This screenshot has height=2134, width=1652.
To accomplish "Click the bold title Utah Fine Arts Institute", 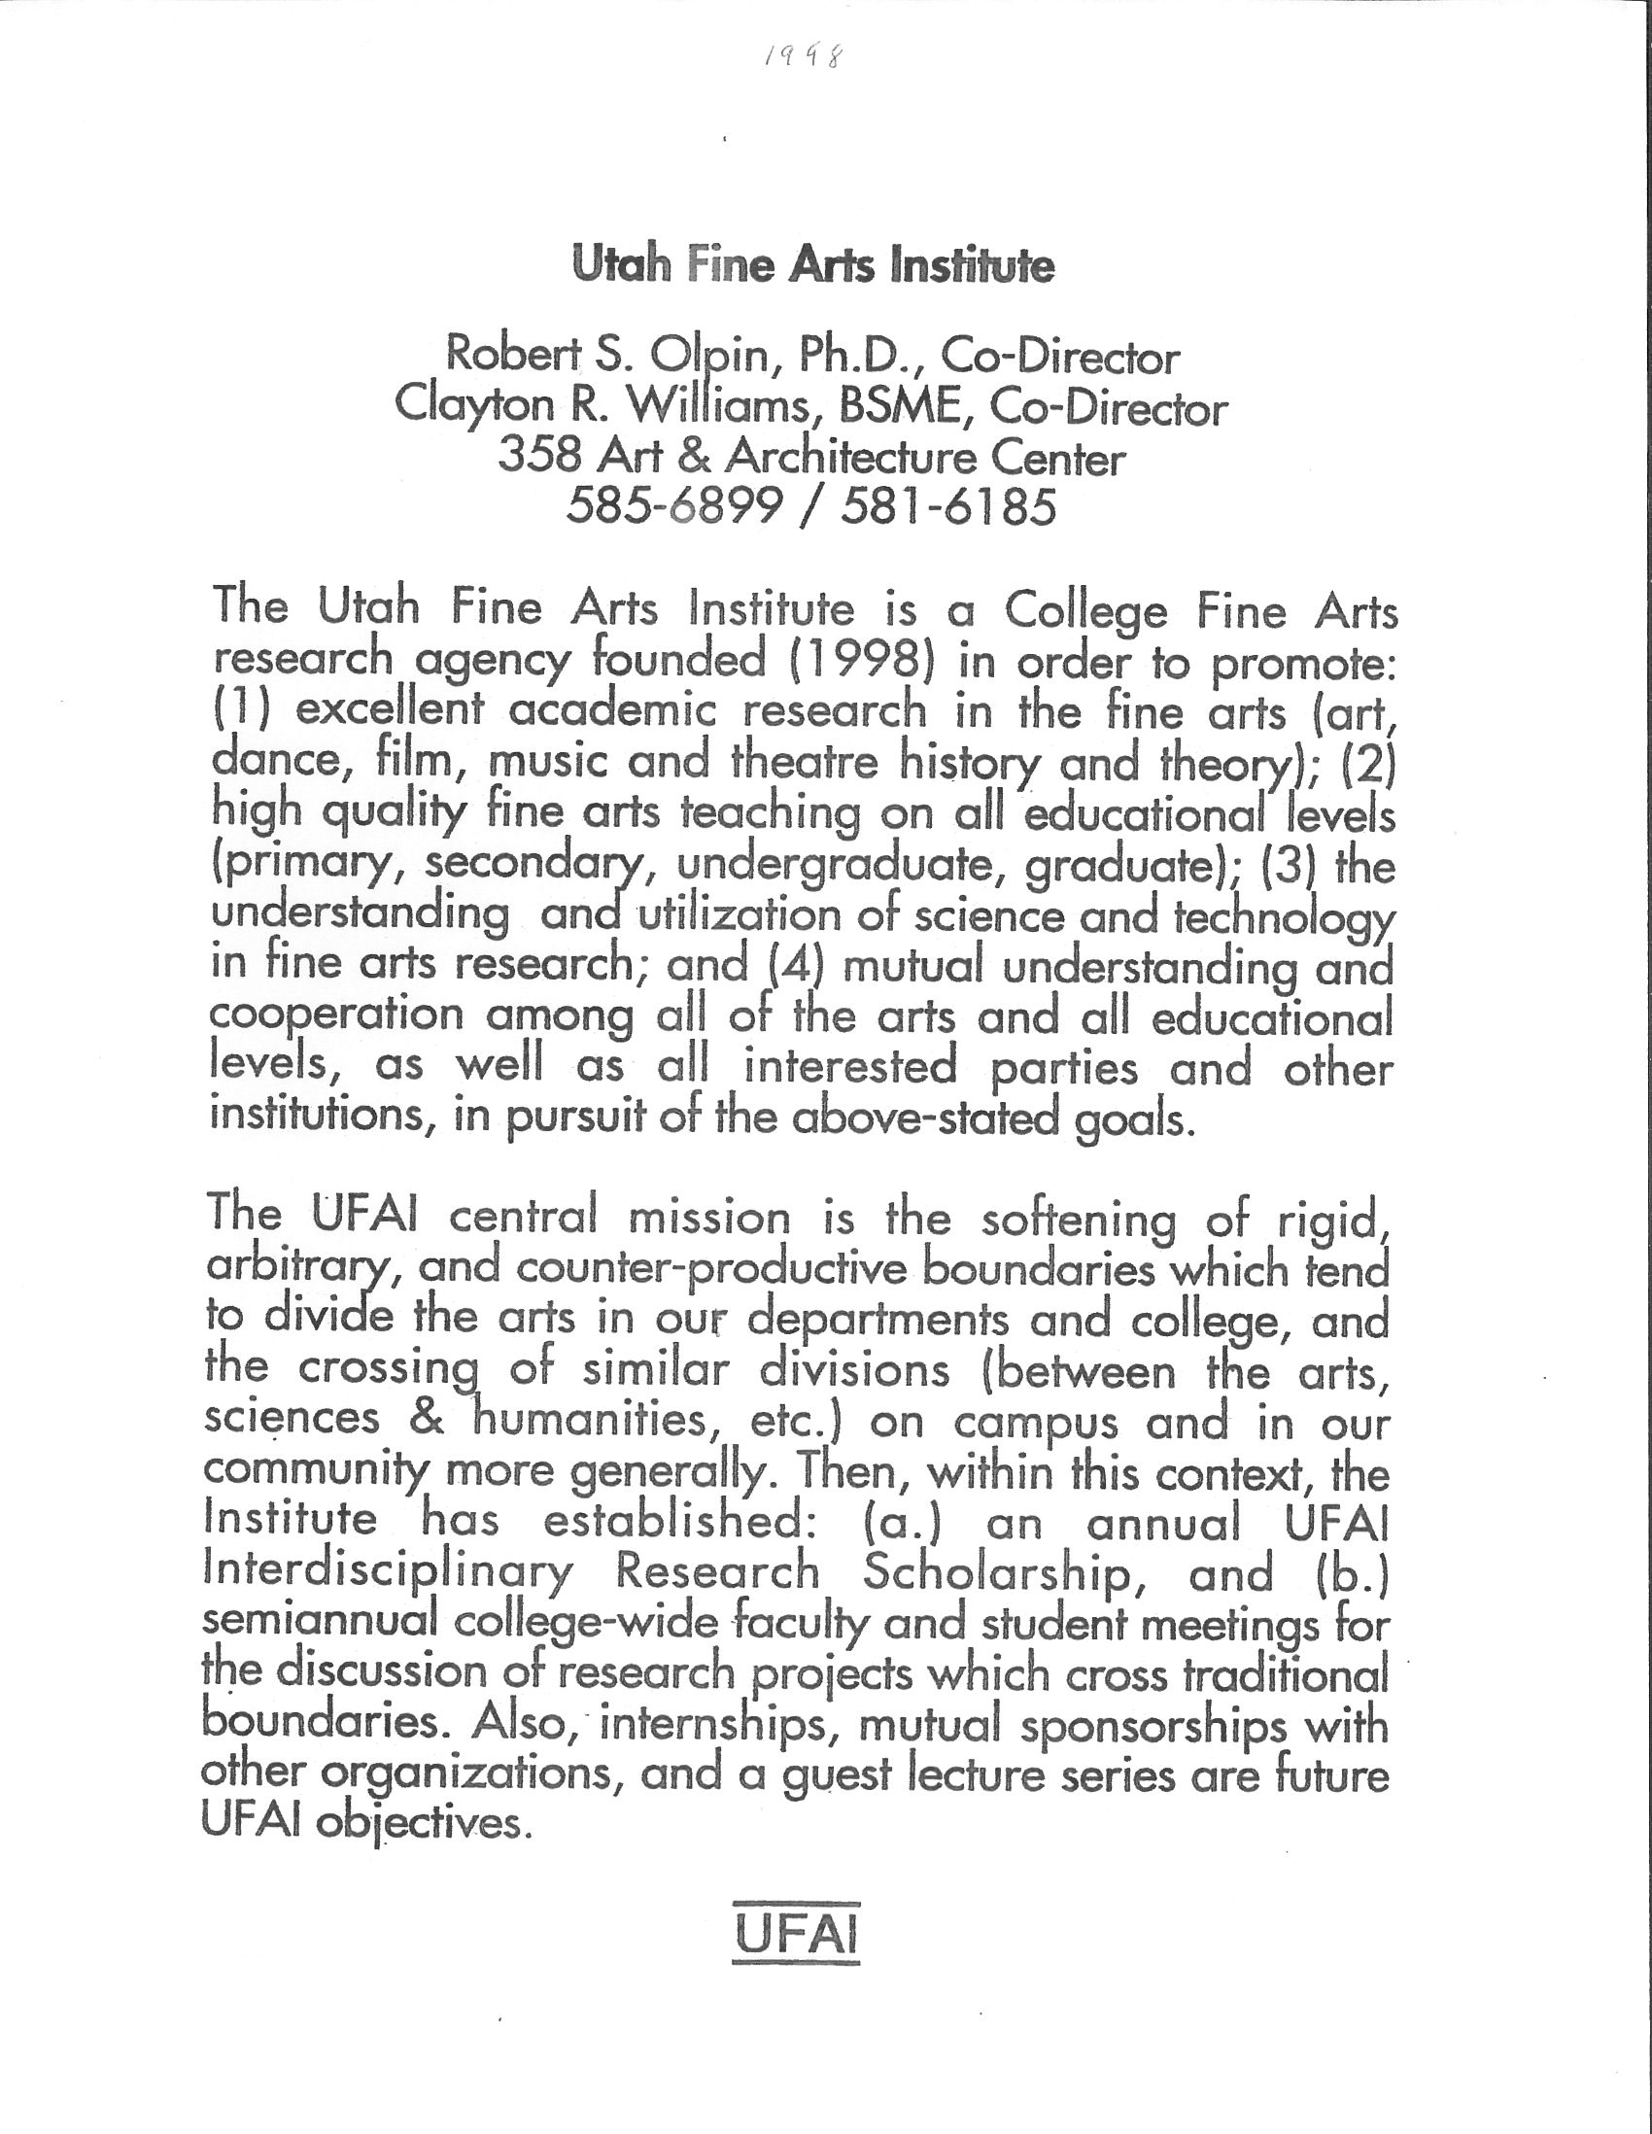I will tap(812, 265).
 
